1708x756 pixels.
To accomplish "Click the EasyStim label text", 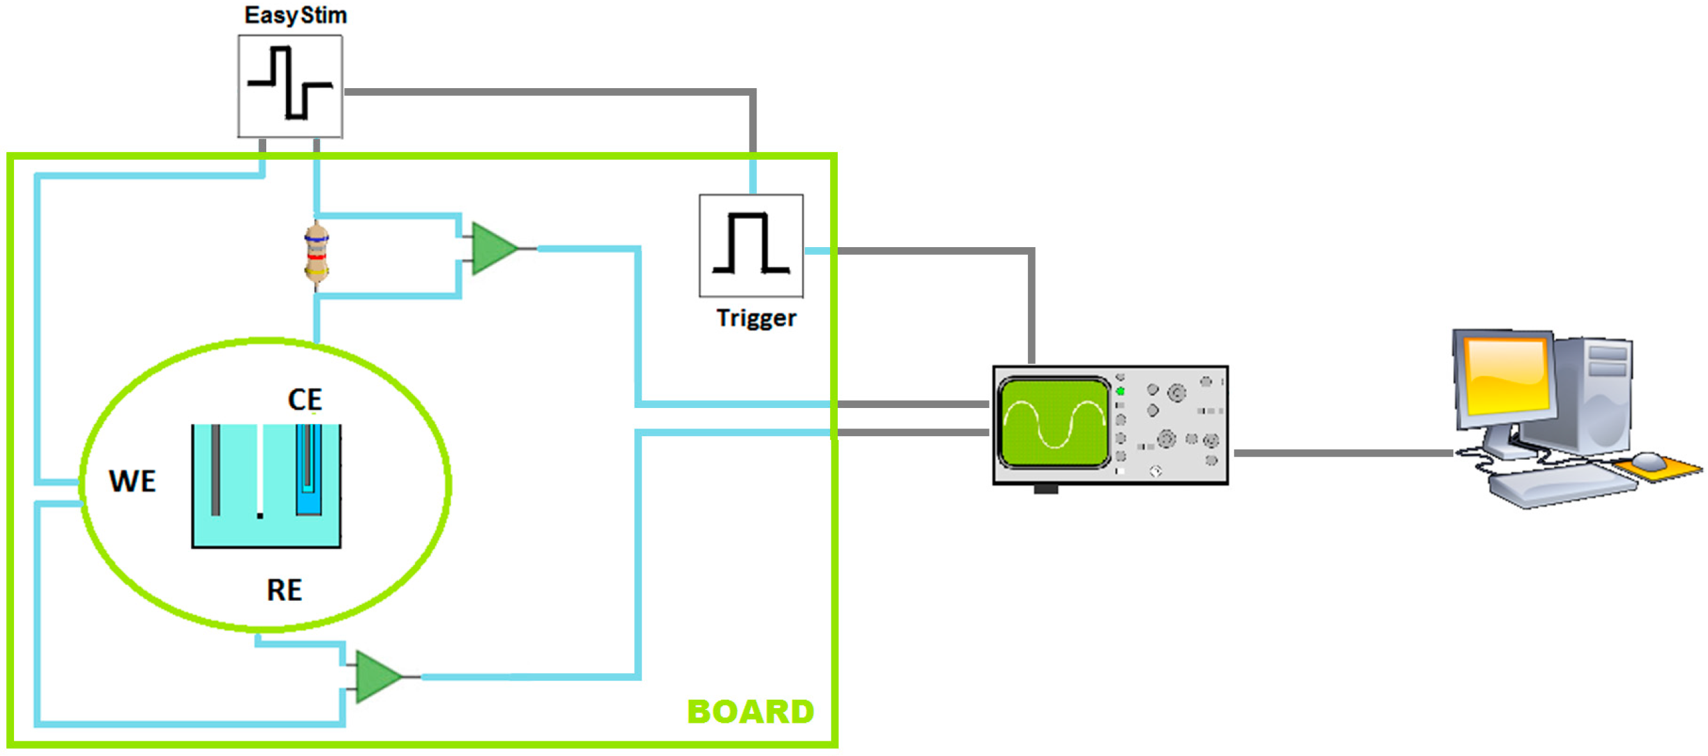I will pos(295,15).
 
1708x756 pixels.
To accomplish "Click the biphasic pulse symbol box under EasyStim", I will pos(290,86).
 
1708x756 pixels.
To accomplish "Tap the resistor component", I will pos(316,255).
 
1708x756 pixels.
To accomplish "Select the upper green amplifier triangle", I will pos(492,248).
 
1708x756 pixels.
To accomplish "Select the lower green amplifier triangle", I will pos(376,676).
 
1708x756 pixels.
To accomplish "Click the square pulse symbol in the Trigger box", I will pos(751,245).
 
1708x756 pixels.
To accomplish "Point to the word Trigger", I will pos(756,319).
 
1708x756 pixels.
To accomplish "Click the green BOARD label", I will pos(750,711).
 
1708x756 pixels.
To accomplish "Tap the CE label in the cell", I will pos(305,399).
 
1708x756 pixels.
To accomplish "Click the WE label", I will pos(132,481).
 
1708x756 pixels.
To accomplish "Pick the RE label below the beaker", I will pos(283,589).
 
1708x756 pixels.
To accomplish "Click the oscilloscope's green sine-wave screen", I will pos(1054,423).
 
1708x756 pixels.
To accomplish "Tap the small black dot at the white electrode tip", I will pos(260,515).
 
